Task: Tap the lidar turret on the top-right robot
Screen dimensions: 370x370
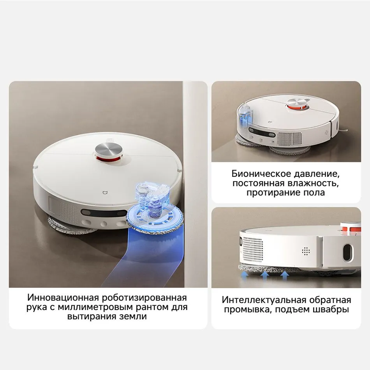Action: (298, 104)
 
